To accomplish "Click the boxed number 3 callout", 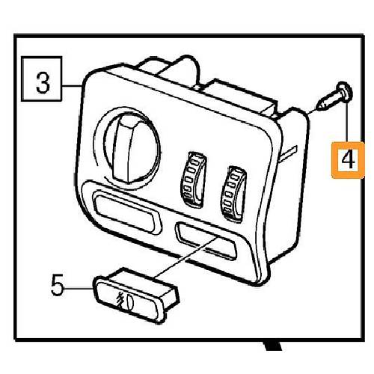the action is [41, 79].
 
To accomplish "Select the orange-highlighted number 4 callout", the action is [348, 160].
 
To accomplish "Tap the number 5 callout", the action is [57, 284].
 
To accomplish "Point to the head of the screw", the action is [345, 91].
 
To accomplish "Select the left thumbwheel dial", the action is [194, 179].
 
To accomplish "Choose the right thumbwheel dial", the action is [233, 194].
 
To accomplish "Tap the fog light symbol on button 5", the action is [126, 301].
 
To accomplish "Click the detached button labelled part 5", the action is [136, 295].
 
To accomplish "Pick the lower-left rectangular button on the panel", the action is [126, 212].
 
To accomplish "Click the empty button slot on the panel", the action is [206, 240].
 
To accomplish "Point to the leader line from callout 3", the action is [72, 86].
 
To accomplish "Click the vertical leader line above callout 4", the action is [346, 122].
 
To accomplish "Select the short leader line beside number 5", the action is [79, 287].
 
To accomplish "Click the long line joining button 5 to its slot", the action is [187, 257].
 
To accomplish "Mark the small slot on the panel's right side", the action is [289, 153].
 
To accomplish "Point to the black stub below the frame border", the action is [273, 346].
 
